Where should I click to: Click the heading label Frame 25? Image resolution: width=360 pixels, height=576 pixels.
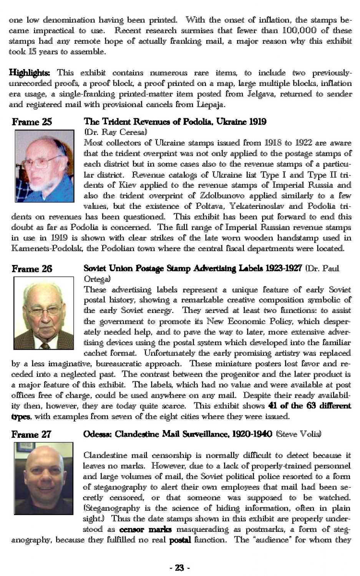tap(32, 122)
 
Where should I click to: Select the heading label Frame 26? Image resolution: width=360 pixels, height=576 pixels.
tap(32, 269)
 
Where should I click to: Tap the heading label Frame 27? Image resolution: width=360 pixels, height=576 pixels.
tap(31, 434)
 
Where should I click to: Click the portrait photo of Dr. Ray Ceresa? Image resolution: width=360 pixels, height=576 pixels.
tap(44, 166)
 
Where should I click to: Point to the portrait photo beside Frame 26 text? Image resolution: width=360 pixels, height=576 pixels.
tap(44, 313)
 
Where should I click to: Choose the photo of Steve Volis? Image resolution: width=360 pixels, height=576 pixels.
tap(43, 478)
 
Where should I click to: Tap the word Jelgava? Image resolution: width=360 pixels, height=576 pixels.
tap(261, 94)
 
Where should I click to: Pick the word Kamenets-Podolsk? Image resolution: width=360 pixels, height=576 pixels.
tap(48, 248)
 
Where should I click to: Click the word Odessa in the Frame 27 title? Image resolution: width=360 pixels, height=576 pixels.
tap(97, 434)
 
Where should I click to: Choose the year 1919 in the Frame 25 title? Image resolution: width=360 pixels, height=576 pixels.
tap(257, 122)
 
